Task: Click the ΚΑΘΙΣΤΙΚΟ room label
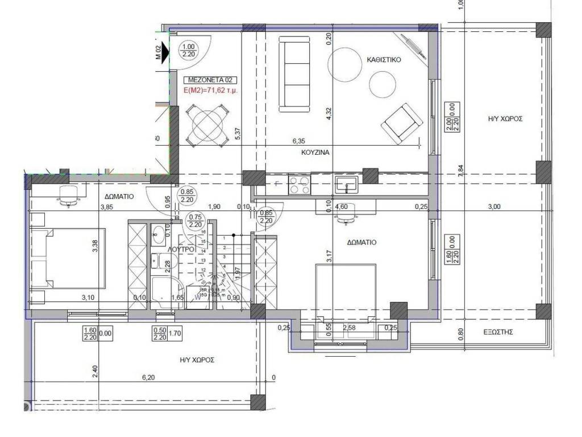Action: [385, 59]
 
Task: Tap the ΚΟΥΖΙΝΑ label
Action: [316, 152]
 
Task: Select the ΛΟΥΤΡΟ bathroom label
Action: [182, 249]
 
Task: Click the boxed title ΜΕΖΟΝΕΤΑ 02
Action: [211, 80]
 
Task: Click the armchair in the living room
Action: [402, 122]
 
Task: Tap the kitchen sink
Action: [346, 183]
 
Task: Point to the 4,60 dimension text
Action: [342, 207]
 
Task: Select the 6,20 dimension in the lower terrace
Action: [148, 377]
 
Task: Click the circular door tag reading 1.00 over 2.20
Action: [188, 51]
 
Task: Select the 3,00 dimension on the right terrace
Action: [494, 207]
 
